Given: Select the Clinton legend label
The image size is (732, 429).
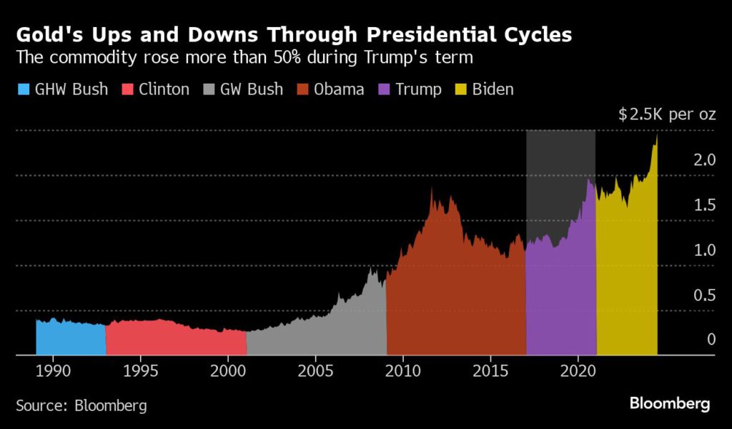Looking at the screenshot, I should (164, 89).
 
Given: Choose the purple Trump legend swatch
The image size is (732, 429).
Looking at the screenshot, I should (386, 89).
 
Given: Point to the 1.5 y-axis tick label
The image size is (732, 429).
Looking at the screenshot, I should (705, 205).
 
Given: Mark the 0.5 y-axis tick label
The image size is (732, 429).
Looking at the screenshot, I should (705, 295).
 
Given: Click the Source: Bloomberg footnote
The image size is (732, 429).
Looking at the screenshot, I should (81, 405).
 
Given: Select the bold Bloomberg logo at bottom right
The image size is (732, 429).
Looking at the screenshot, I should (670, 404).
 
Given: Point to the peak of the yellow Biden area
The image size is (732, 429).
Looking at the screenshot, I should (656, 136).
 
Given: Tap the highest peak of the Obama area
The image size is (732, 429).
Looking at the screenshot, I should (432, 189).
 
